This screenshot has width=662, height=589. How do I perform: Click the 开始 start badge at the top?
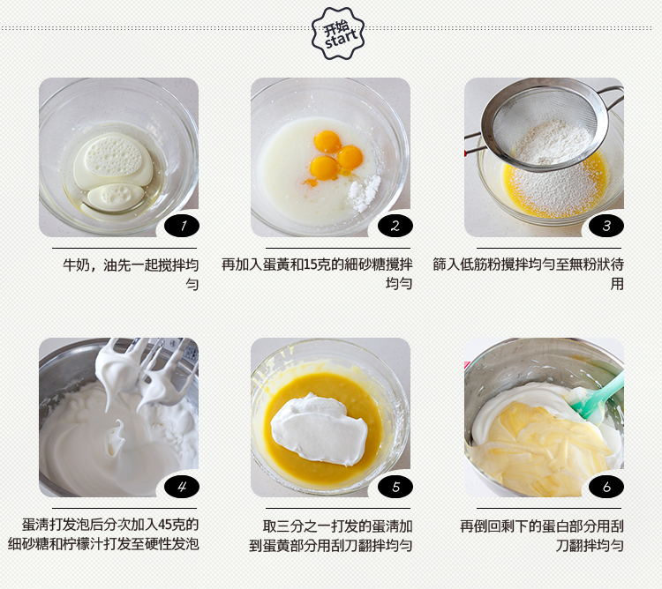(338, 34)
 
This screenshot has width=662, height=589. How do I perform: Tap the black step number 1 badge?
(182, 226)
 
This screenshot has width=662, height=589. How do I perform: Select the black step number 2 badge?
(395, 226)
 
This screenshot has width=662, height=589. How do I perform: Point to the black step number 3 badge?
(606, 226)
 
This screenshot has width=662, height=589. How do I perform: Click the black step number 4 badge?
(182, 487)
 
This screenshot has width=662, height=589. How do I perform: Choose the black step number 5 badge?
(395, 487)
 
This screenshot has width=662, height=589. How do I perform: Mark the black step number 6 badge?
(606, 487)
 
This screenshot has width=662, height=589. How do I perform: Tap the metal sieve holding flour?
(545, 126)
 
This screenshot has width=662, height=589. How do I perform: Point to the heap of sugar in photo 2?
(365, 193)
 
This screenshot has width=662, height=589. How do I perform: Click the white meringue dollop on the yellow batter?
(320, 429)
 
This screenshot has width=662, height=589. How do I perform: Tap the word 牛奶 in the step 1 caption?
(77, 265)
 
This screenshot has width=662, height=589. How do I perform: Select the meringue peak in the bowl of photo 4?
(116, 438)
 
